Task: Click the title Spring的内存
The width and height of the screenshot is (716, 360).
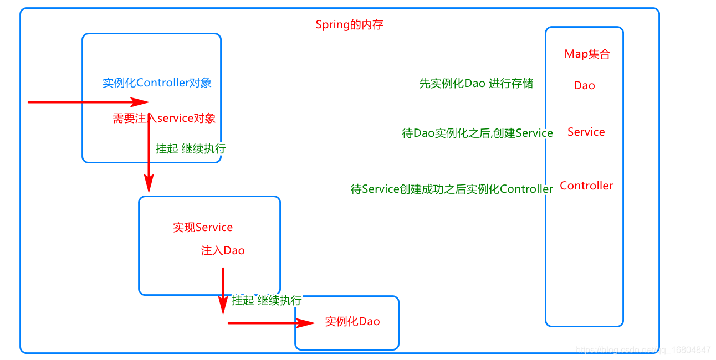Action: (349, 25)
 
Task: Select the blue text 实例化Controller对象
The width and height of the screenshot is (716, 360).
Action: (157, 83)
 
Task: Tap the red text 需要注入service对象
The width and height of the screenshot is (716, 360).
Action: (164, 118)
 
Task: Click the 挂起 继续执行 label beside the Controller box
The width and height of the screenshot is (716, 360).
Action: (191, 149)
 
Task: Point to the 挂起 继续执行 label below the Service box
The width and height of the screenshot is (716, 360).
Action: (267, 300)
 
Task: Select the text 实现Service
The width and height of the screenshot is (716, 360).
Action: (203, 228)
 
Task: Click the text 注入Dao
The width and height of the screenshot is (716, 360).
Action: (222, 251)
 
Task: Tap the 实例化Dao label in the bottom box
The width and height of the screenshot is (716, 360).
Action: (352, 322)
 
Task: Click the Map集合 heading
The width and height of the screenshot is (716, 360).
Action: (587, 54)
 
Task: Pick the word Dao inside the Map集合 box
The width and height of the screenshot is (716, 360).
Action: (584, 85)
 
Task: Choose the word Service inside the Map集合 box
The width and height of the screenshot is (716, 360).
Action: (586, 132)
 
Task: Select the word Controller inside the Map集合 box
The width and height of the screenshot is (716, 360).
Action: (586, 186)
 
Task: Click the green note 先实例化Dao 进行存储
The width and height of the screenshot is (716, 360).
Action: (475, 84)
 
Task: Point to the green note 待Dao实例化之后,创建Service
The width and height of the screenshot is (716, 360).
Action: (477, 133)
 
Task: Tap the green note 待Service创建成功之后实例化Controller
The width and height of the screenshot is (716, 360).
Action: (452, 189)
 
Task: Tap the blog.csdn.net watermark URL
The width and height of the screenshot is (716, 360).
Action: (643, 350)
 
